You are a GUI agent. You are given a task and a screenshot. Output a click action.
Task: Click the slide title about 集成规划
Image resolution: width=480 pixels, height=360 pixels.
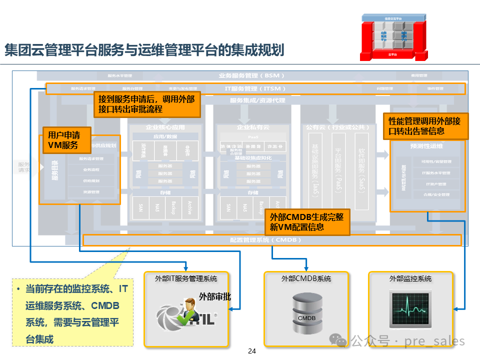coord(144,50)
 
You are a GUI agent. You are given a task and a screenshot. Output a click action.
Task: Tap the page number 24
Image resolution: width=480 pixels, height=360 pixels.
coord(252,351)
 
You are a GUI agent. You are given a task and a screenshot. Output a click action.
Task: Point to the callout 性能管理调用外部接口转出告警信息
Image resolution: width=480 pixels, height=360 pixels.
coord(425,126)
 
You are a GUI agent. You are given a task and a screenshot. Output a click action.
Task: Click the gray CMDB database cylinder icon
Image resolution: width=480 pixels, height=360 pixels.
coord(307,314)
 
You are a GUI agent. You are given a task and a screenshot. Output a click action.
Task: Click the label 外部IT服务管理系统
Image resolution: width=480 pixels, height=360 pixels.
coord(186,278)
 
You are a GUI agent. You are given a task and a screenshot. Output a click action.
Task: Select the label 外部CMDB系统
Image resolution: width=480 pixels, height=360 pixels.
coord(306,278)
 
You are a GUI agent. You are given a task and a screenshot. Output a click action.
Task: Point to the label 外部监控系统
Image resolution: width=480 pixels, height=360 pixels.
coord(410,278)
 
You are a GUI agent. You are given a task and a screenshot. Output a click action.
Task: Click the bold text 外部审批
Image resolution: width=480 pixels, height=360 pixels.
coord(215,296)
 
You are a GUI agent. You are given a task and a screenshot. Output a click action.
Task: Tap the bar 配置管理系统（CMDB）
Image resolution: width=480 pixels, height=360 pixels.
coord(272,240)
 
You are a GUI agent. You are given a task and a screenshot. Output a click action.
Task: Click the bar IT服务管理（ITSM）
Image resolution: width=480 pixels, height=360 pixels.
coord(255,88)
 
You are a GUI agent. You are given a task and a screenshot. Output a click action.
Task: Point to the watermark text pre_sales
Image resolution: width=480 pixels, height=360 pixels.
coord(435,342)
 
